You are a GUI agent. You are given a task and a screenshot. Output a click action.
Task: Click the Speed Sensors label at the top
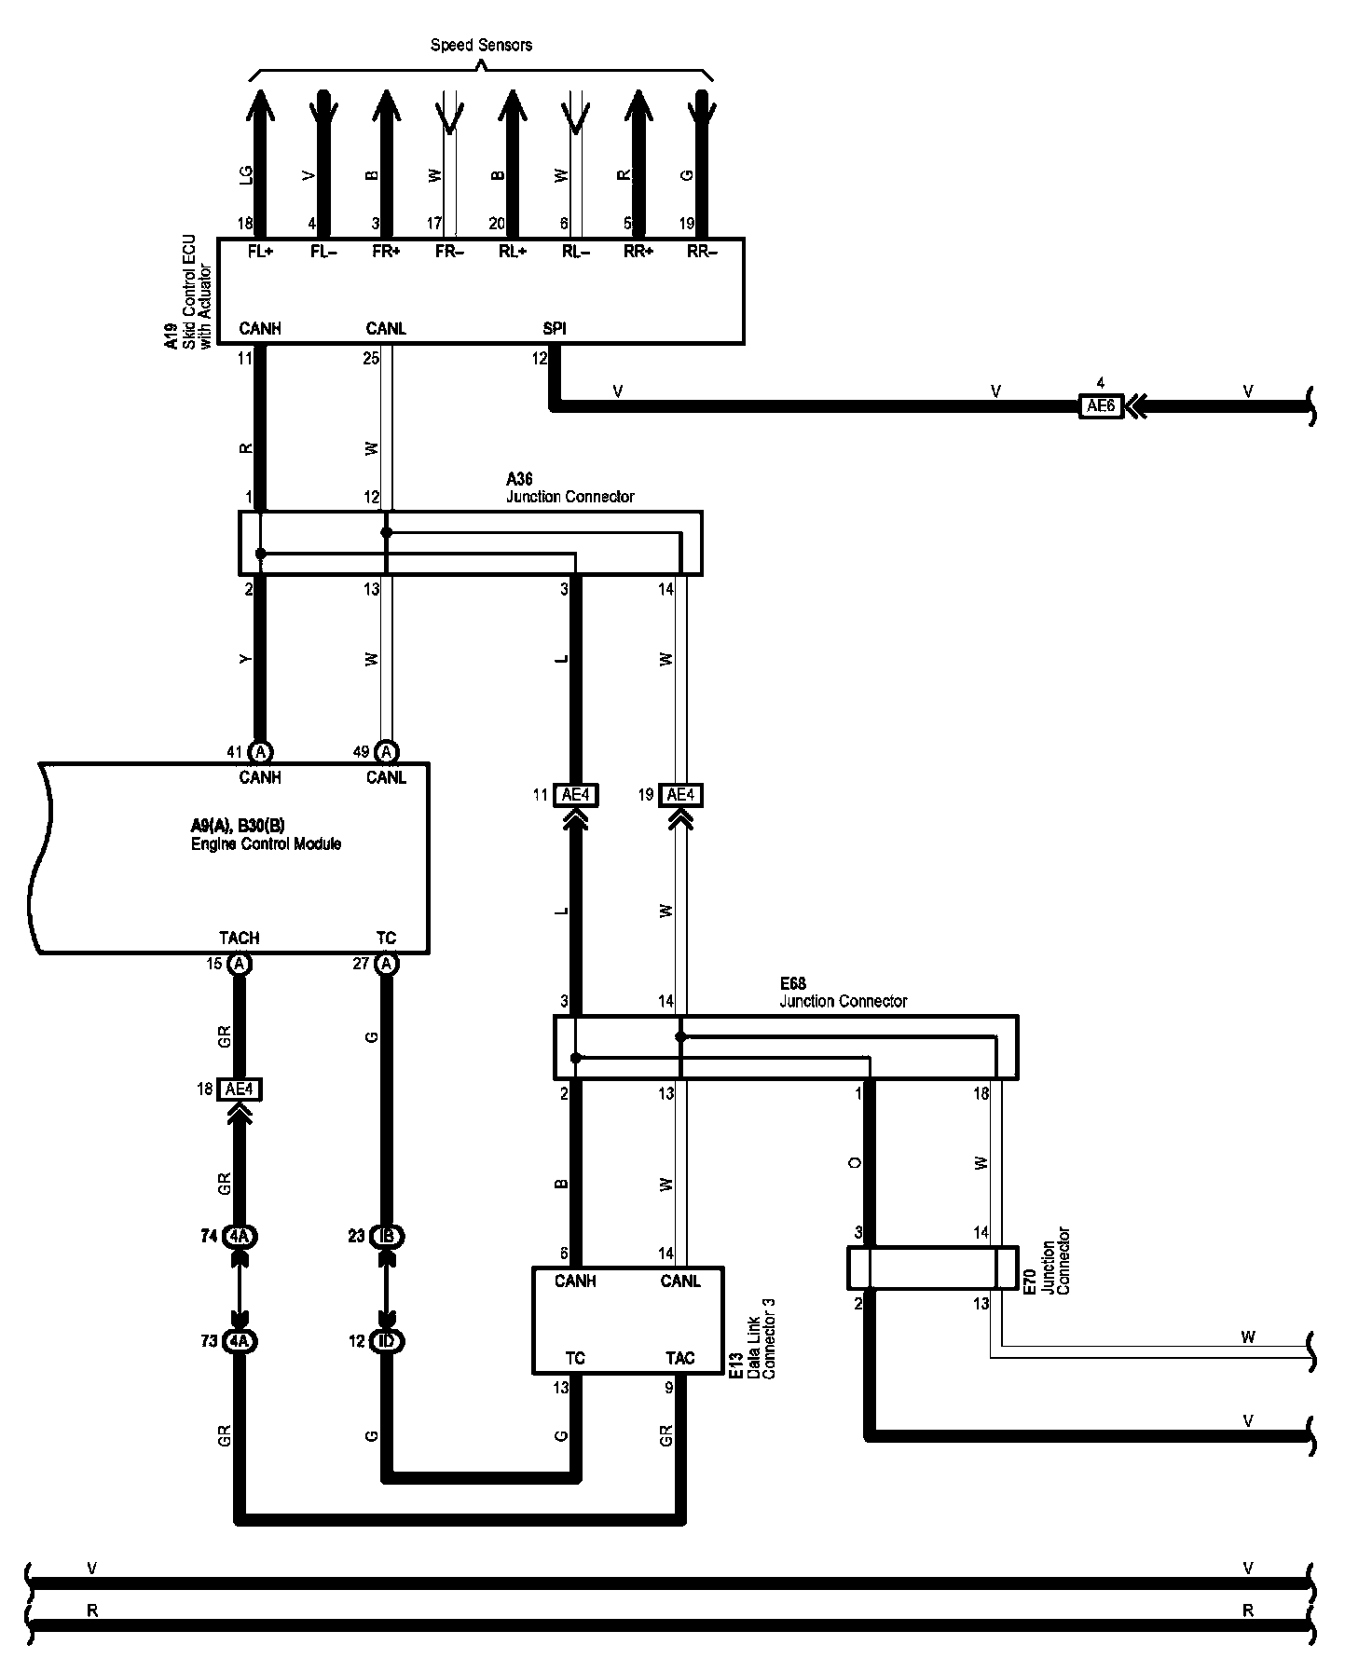(x=481, y=45)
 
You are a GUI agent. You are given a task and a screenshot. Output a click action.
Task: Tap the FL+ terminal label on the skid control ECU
(x=260, y=252)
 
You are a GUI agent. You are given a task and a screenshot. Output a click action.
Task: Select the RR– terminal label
(x=702, y=252)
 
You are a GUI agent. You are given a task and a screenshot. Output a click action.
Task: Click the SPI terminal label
(x=555, y=328)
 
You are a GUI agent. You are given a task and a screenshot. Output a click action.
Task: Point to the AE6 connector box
(x=1101, y=406)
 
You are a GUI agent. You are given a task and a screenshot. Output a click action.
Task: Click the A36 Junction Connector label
(x=569, y=487)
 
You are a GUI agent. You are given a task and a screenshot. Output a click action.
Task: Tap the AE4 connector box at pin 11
(x=576, y=795)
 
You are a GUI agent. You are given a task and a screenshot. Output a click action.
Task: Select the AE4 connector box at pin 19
(x=681, y=795)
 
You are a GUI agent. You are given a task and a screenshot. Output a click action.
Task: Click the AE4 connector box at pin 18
(x=239, y=1089)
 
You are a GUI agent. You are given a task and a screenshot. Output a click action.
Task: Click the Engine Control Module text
(x=266, y=843)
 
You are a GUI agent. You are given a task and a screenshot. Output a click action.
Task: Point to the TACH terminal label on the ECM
(x=240, y=938)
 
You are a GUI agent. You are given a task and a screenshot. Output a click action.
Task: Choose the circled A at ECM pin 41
(x=261, y=752)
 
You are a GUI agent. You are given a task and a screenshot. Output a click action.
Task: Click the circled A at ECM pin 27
(x=387, y=964)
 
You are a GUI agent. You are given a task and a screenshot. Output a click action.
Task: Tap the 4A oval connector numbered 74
(x=240, y=1237)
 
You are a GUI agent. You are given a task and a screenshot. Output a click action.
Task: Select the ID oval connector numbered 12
(x=387, y=1341)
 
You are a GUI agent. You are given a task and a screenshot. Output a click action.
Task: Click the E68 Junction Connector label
(x=843, y=993)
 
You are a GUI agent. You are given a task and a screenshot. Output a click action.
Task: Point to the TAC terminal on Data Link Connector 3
(x=680, y=1358)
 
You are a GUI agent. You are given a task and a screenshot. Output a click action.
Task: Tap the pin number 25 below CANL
(x=371, y=358)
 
